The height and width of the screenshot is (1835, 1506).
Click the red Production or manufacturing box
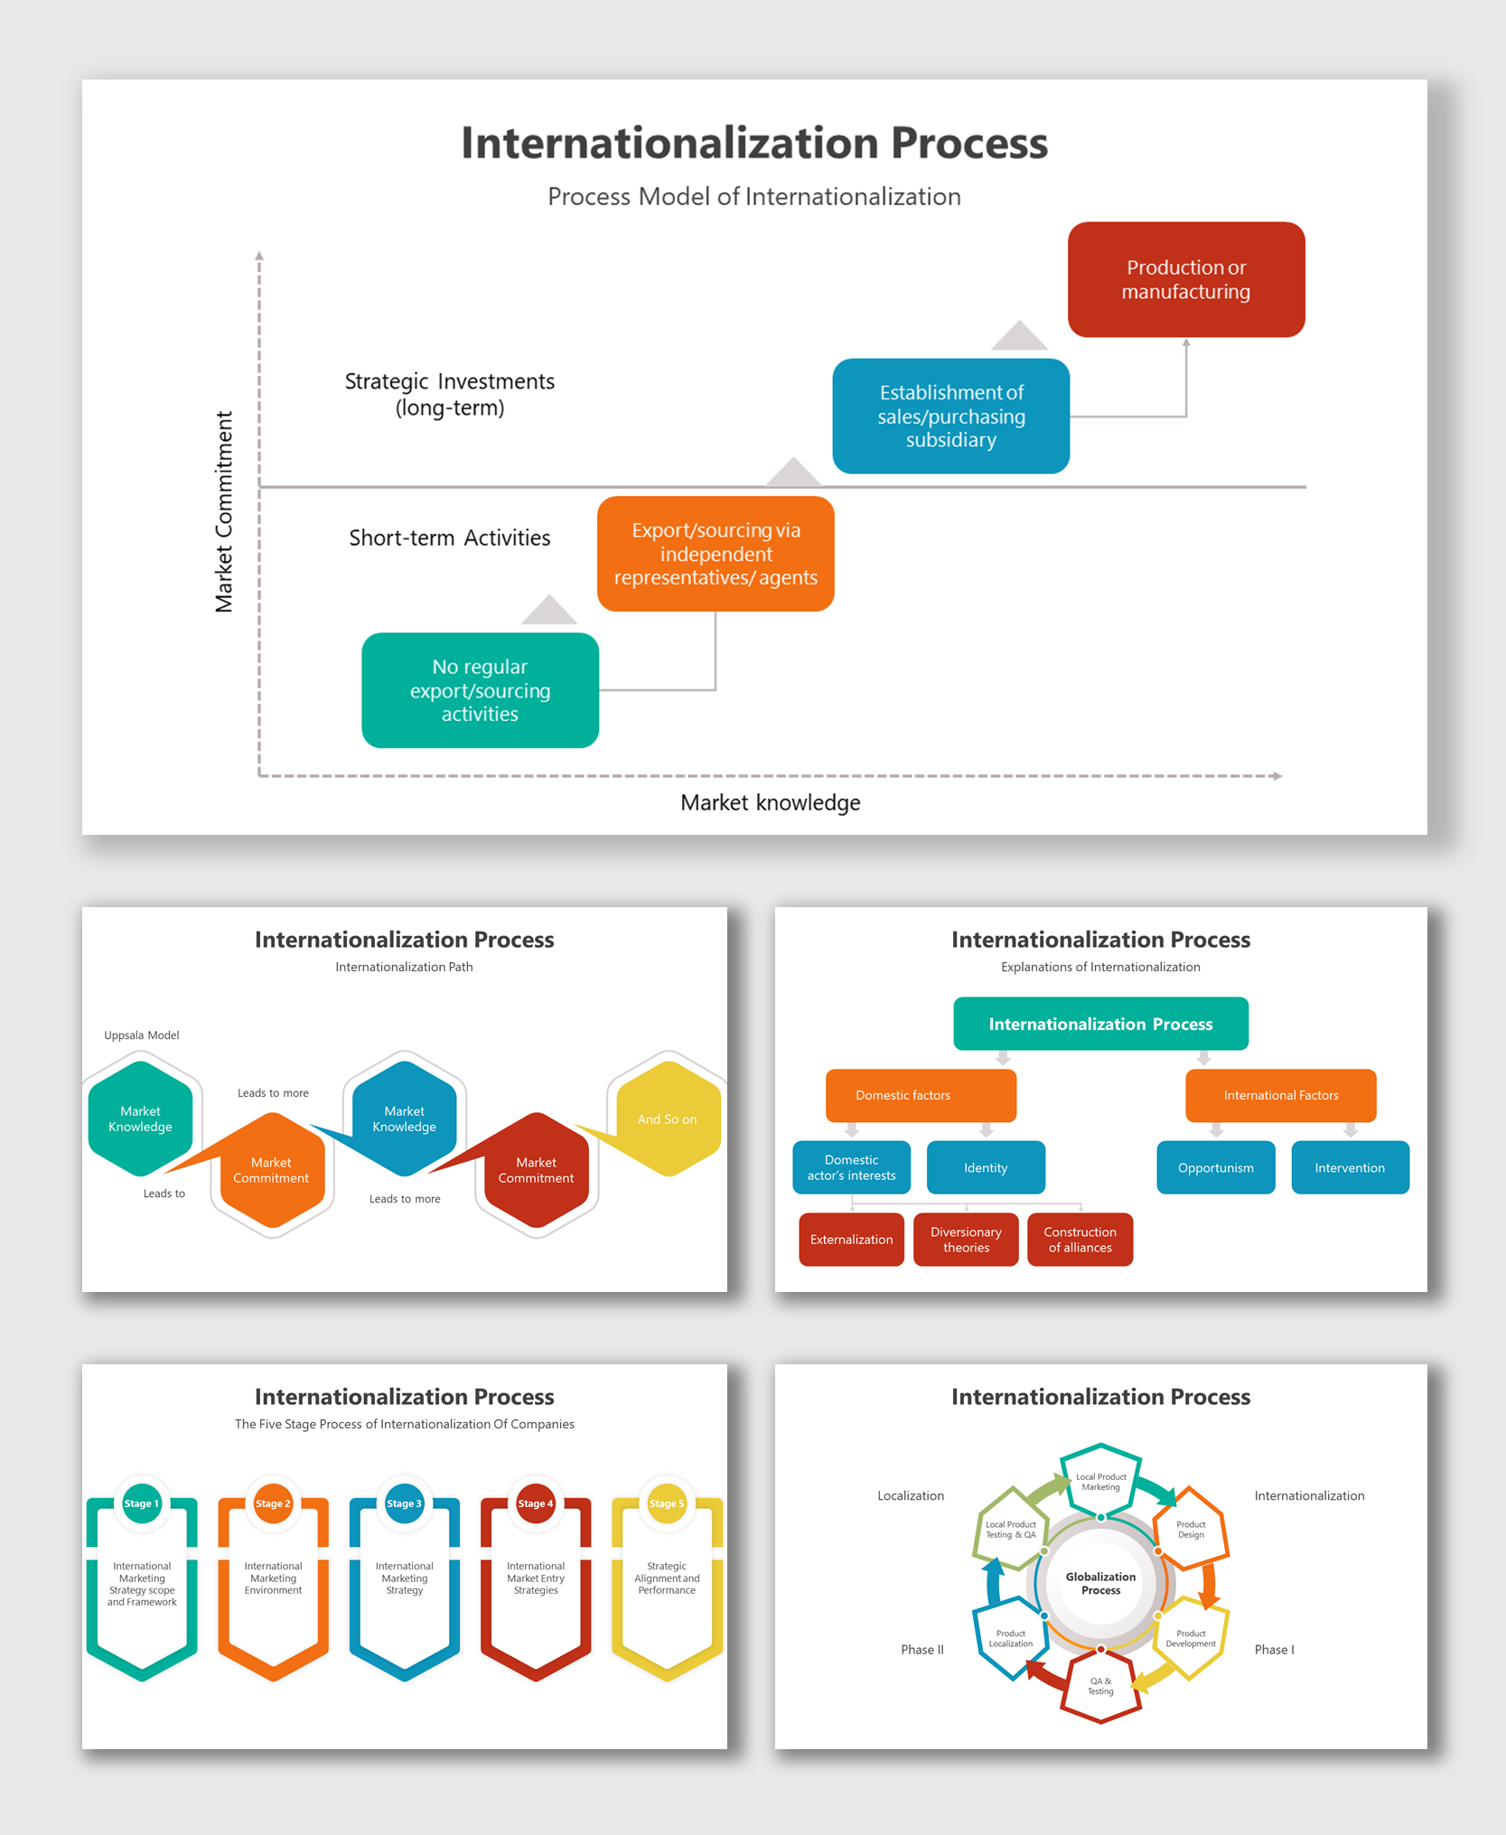(x=1185, y=279)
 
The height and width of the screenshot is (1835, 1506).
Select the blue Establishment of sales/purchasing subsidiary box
(x=950, y=416)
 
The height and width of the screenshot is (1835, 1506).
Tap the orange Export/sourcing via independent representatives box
(x=716, y=553)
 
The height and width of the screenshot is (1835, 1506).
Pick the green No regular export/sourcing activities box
(x=480, y=690)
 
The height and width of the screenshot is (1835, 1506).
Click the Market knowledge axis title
(x=770, y=802)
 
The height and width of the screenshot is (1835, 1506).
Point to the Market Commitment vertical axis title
(x=224, y=511)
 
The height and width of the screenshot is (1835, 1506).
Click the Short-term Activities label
(x=449, y=538)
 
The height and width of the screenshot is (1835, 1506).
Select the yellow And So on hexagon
(x=668, y=1119)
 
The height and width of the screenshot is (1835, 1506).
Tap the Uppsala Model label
(x=142, y=1035)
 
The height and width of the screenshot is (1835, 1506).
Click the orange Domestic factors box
(x=921, y=1095)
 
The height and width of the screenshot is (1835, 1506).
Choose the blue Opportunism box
(x=1215, y=1167)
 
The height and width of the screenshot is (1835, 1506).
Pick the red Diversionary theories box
(x=966, y=1240)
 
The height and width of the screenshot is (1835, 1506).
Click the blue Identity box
(x=986, y=1167)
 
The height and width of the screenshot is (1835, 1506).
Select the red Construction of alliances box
(x=1080, y=1240)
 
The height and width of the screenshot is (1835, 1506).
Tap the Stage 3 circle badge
(x=404, y=1503)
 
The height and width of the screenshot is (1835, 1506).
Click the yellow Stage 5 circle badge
(x=667, y=1503)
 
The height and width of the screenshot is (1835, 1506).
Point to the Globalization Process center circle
(x=1100, y=1583)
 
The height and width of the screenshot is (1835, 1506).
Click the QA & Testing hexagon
(x=1100, y=1686)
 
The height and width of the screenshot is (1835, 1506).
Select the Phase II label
(x=921, y=1650)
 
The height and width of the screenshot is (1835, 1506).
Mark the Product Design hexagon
(x=1191, y=1529)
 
